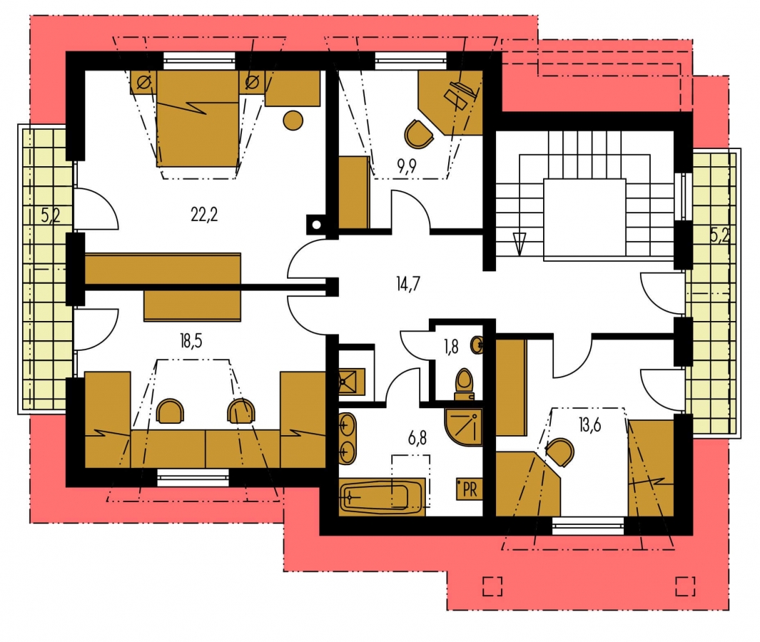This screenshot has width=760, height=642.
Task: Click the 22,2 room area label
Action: pyautogui.click(x=204, y=214)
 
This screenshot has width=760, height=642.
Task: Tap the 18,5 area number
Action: pyautogui.click(x=191, y=341)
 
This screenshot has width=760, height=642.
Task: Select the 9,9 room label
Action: pyautogui.click(x=407, y=166)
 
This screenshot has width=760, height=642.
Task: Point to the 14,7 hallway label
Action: pyautogui.click(x=407, y=284)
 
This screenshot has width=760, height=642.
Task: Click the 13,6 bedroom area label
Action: pyautogui.click(x=589, y=425)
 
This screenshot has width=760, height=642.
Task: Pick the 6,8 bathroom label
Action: pyautogui.click(x=417, y=439)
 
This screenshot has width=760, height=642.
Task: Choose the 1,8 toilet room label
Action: pyautogui.click(x=451, y=347)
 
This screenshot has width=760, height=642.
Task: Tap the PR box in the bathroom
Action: pyautogui.click(x=469, y=489)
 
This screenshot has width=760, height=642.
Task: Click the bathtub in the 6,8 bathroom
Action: pyautogui.click(x=382, y=497)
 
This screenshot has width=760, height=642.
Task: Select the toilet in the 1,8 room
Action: pyautogui.click(x=464, y=384)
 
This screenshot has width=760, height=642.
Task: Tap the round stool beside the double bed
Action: pyautogui.click(x=293, y=121)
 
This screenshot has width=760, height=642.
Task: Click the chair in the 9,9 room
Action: pyautogui.click(x=418, y=134)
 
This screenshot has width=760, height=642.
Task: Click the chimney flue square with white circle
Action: pyautogui.click(x=317, y=224)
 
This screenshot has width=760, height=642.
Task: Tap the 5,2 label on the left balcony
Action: pyautogui.click(x=51, y=215)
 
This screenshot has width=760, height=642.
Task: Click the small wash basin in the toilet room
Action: pyautogui.click(x=477, y=345)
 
